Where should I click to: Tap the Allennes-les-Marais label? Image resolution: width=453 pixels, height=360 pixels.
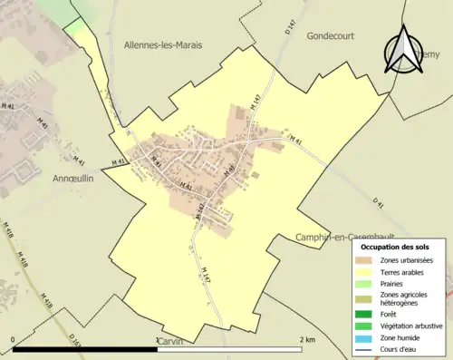point(163,44)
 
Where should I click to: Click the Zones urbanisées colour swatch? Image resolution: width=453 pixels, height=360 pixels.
point(367,260)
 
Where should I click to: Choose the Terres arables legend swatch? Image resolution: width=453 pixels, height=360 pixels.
point(367,271)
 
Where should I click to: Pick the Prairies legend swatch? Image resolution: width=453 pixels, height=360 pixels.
point(367,283)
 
